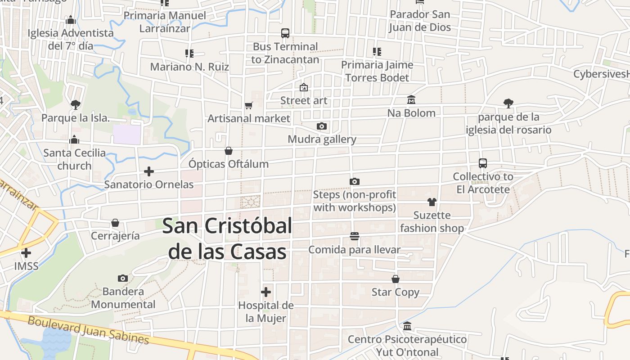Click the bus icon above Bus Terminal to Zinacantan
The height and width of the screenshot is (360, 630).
pyautogui.click(x=285, y=33)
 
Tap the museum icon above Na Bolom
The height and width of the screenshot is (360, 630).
pyautogui.click(x=411, y=99)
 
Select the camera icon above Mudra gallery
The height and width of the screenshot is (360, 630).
pyautogui.click(x=321, y=126)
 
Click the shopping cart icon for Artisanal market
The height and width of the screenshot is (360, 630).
pyautogui.click(x=249, y=105)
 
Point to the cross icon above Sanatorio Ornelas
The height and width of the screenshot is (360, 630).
pyautogui.click(x=149, y=171)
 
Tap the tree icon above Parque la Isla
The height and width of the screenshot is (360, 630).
pyautogui.click(x=76, y=105)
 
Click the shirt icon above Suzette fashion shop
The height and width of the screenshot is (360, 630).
pyautogui.click(x=432, y=202)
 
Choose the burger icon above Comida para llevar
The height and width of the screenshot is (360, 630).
pyautogui.click(x=355, y=236)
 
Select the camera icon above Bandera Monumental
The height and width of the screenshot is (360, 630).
pyautogui.click(x=122, y=278)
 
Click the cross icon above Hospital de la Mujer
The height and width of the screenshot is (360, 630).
pyautogui.click(x=266, y=292)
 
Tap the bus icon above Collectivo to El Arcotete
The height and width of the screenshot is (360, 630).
pyautogui.click(x=483, y=163)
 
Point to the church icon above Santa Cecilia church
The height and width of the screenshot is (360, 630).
pyautogui.click(x=75, y=139)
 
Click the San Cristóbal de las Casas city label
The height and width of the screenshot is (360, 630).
pyautogui.click(x=227, y=238)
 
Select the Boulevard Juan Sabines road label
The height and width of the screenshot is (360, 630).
pyautogui.click(x=88, y=329)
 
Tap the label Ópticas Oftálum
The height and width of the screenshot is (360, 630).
pyautogui.click(x=229, y=164)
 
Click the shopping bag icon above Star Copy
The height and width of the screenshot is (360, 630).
pyautogui.click(x=396, y=279)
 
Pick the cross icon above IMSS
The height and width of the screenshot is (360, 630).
pyautogui.click(x=26, y=253)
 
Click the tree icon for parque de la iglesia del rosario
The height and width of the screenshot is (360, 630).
pyautogui.click(x=508, y=103)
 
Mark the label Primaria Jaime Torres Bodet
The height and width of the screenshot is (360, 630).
pyautogui.click(x=377, y=71)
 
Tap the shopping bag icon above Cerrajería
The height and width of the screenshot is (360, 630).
pyautogui.click(x=115, y=223)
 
